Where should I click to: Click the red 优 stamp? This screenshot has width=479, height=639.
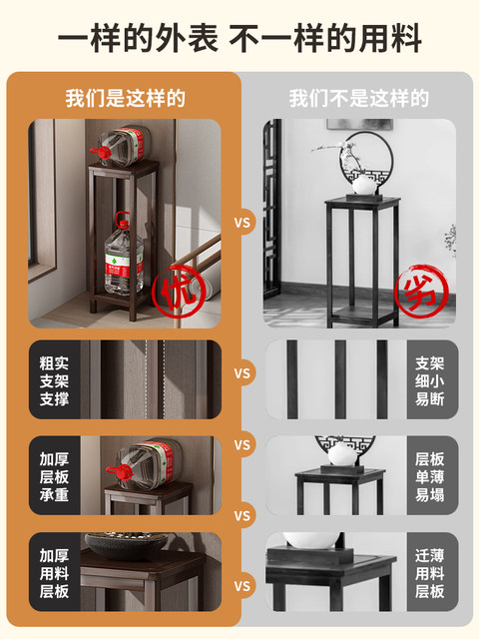178,291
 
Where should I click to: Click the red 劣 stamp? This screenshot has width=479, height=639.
421,291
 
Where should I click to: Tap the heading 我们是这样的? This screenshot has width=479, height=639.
126,99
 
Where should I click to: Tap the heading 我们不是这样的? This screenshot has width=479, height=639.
359,99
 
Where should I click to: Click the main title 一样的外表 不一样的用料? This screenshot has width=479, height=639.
239,38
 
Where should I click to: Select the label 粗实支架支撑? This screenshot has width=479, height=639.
54,380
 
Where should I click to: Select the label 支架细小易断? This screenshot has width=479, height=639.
430,380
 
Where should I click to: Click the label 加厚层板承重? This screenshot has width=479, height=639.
54,477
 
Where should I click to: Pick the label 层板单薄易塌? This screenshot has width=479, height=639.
430,477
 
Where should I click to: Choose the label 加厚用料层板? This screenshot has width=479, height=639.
54,573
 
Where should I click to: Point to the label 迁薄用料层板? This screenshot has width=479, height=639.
430,573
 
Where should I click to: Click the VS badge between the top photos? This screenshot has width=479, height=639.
241,223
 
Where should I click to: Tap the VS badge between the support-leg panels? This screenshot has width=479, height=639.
241,373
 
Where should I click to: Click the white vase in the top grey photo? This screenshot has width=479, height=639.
364,185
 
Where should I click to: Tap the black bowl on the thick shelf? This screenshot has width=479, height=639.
127,545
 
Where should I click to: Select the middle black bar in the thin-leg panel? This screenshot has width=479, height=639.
340,379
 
